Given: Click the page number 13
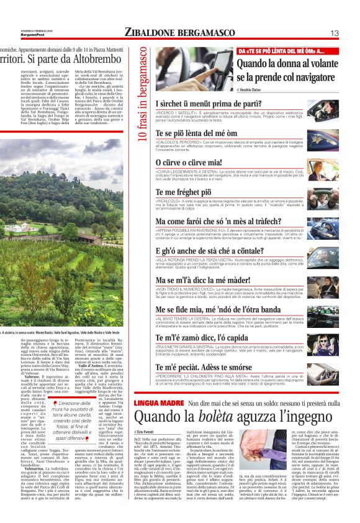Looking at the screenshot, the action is [351, 32].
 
